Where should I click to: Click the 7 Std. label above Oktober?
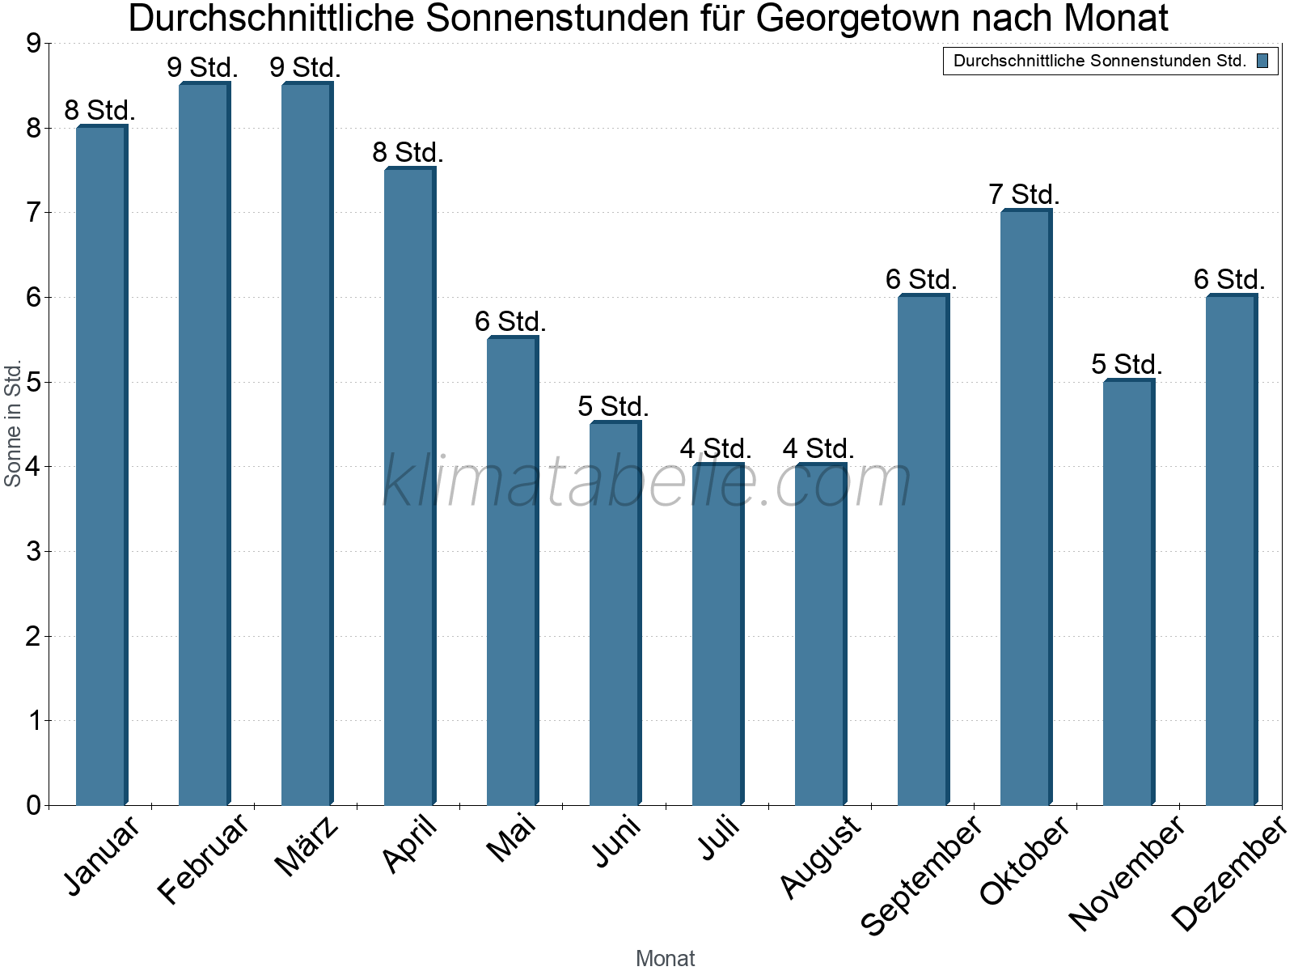tap(1024, 195)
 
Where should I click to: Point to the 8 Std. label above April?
tap(408, 152)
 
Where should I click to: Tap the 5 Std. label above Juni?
tap(613, 406)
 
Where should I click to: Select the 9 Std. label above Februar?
tap(202, 67)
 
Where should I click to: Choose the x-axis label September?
tap(921, 875)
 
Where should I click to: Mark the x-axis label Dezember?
tap(1228, 874)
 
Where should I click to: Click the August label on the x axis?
tap(821, 856)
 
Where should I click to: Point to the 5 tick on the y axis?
tap(33, 382)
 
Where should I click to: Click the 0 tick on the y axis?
tap(33, 805)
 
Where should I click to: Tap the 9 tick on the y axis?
tap(33, 44)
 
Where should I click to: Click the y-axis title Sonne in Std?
tap(13, 424)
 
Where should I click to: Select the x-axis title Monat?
tap(665, 958)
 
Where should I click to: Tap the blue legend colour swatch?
tap(1262, 61)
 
